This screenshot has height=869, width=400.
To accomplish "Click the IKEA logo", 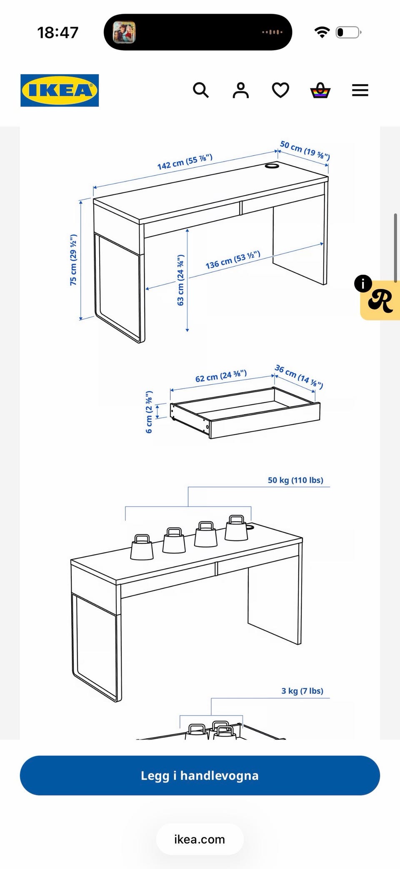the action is pyautogui.click(x=60, y=90).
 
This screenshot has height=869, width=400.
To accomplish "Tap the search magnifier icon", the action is pyautogui.click(x=201, y=90).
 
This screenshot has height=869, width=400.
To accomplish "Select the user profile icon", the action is pyautogui.click(x=240, y=90).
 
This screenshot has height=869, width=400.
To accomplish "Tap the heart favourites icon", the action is pyautogui.click(x=280, y=90).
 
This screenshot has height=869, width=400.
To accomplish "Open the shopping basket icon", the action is pyautogui.click(x=320, y=90).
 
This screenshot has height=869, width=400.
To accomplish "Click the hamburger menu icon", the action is pyautogui.click(x=360, y=90).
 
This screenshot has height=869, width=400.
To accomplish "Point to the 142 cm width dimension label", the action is pyautogui.click(x=185, y=162).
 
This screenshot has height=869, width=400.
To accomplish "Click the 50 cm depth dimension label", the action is pyautogui.click(x=305, y=150).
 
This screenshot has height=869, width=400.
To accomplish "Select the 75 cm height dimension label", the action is pyautogui.click(x=73, y=260).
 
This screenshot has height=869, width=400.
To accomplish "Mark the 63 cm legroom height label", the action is pyautogui.click(x=180, y=280).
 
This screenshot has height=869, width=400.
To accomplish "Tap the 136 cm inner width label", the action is pyautogui.click(x=233, y=260).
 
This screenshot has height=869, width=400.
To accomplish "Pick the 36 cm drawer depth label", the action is pyautogui.click(x=299, y=376).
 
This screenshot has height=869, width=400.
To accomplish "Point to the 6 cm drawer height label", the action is pyautogui.click(x=149, y=412).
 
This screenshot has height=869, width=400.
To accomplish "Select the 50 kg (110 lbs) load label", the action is pyautogui.click(x=295, y=480).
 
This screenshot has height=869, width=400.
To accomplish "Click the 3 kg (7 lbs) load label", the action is pyautogui.click(x=302, y=691).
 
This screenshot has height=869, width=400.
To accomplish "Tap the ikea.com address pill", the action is pyautogui.click(x=200, y=839).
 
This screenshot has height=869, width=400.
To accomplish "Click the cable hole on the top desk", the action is pyautogui.click(x=272, y=166).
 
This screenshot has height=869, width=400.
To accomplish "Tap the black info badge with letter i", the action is pyautogui.click(x=363, y=284).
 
